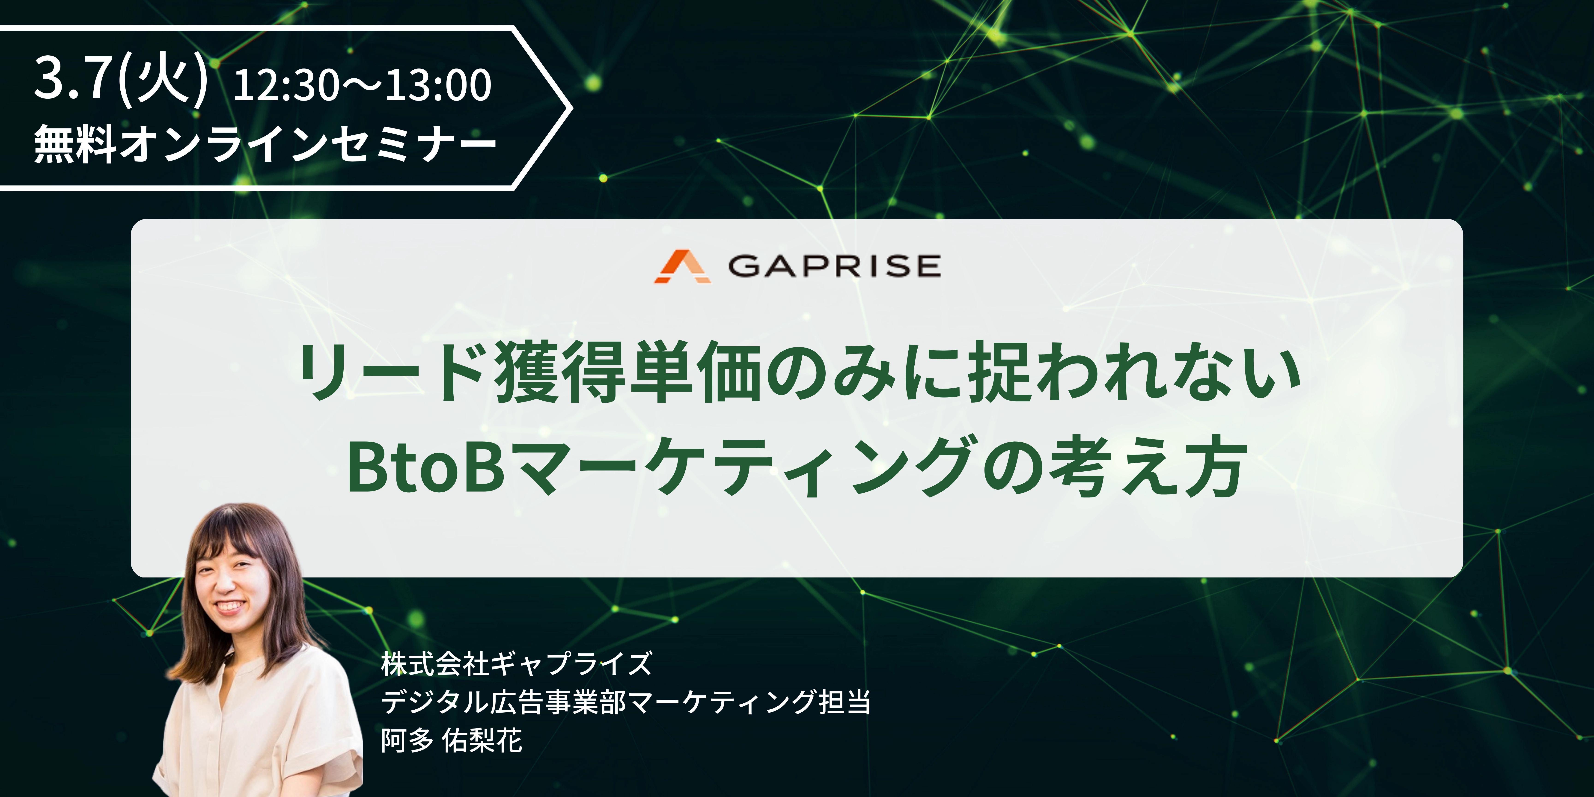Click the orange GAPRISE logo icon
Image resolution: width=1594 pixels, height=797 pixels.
[x=682, y=267]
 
